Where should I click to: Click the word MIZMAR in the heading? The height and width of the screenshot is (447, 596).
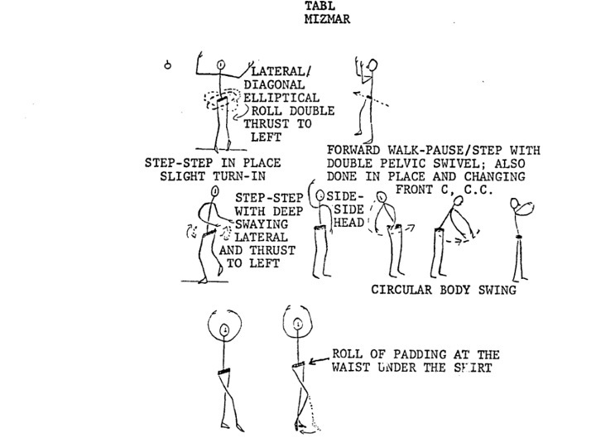[x=327, y=19]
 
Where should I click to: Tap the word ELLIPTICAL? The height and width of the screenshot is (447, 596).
[x=281, y=98]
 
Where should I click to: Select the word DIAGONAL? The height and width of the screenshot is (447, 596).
[x=274, y=84]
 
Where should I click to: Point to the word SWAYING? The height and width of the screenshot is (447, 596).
[x=261, y=223]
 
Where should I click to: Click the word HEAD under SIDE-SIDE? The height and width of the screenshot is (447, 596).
[x=349, y=223]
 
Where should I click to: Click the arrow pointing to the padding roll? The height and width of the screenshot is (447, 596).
[x=319, y=360]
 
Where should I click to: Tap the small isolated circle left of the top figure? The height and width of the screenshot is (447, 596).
[x=167, y=65]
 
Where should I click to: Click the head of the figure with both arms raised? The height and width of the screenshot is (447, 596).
[x=221, y=65]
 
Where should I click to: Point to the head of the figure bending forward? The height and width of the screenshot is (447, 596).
[x=459, y=200]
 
